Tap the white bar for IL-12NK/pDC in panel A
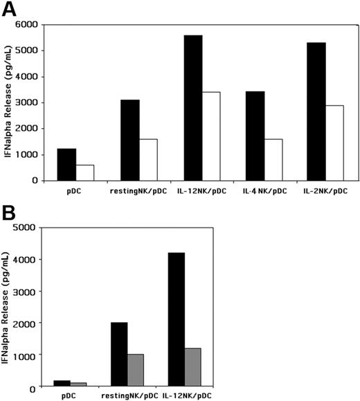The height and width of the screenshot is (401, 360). point(211,136)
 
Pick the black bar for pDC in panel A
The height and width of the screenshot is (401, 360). point(66,164)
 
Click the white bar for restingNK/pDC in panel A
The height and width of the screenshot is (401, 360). point(148,159)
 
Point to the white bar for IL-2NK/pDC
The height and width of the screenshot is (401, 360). point(336,143)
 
